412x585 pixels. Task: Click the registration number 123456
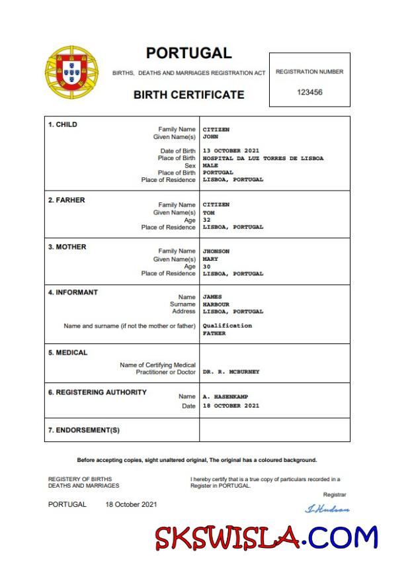(309, 92)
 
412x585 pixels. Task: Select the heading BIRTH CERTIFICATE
(188, 95)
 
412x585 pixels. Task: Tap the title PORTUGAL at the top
(188, 53)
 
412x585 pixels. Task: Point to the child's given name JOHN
(210, 137)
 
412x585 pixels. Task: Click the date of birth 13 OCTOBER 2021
(231, 151)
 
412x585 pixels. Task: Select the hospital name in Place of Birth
(263, 158)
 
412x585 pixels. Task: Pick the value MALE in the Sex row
(210, 165)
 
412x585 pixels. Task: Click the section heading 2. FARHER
(66, 200)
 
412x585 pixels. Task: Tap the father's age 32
(206, 220)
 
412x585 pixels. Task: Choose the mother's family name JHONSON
(216, 251)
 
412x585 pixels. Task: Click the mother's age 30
(206, 266)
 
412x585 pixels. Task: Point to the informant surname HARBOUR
(216, 304)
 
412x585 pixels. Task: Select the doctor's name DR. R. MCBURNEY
(231, 372)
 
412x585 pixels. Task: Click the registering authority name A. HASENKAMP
(226, 396)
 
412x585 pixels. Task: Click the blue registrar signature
(327, 509)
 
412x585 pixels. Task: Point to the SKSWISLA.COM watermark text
(267, 537)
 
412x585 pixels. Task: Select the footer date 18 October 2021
(131, 504)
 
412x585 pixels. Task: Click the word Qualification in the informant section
(227, 326)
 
